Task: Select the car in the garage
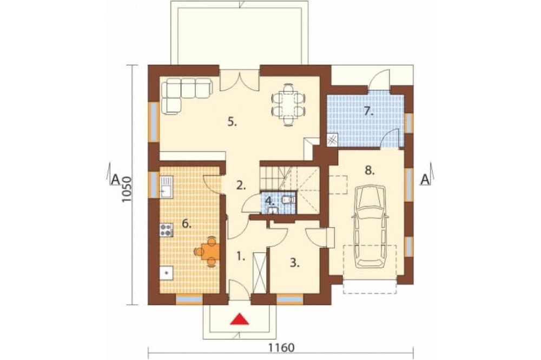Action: [x=371, y=226]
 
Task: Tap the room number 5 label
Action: [x=232, y=122]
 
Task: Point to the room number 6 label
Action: [x=187, y=224]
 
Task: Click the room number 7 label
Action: [x=369, y=111]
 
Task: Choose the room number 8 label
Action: [x=370, y=171]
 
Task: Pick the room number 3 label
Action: [x=294, y=263]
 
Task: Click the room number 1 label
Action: [x=241, y=256]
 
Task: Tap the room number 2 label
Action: [x=241, y=186]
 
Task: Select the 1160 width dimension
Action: [x=281, y=348]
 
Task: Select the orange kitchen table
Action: [x=210, y=251]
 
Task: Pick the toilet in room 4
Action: [x=288, y=199]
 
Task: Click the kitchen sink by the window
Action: [x=166, y=186]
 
